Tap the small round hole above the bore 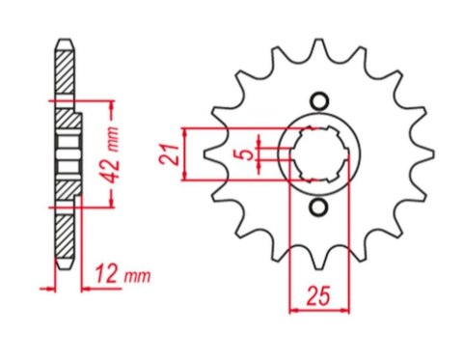pyautogui.click(x=319, y=100)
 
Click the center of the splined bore pyautogui.click(x=319, y=153)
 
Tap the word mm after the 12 pyautogui.click(x=139, y=277)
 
